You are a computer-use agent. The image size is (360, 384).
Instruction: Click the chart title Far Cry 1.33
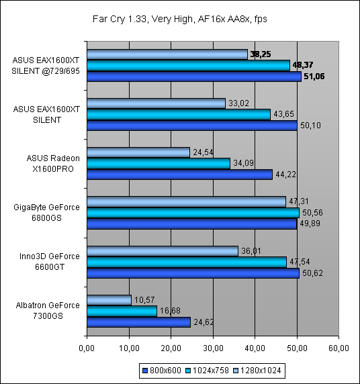pyautogui.click(x=120, y=19)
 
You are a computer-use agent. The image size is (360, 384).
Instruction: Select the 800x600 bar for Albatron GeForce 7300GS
pyautogui.click(x=139, y=322)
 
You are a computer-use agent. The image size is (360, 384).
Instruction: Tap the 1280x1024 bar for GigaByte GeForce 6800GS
pyautogui.click(x=187, y=201)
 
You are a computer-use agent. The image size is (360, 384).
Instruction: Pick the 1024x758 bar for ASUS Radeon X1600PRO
pyautogui.click(x=159, y=163)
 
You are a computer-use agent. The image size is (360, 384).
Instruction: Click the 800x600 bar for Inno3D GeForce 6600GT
pyautogui.click(x=193, y=273)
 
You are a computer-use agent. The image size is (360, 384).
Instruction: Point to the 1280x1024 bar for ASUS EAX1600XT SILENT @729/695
pyautogui.click(x=167, y=54)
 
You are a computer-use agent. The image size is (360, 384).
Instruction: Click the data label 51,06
pyautogui.click(x=314, y=77)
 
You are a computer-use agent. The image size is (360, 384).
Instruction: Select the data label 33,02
pyautogui.click(x=238, y=103)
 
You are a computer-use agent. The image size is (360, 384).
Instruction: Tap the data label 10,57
pyautogui.click(x=144, y=300)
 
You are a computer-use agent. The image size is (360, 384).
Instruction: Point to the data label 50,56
pyautogui.click(x=312, y=213)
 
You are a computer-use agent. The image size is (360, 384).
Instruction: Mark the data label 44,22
pyautogui.click(x=285, y=175)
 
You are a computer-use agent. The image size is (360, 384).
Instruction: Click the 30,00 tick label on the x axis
pyautogui.click(x=213, y=348)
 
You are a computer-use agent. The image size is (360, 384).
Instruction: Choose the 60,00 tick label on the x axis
pyautogui.click(x=339, y=348)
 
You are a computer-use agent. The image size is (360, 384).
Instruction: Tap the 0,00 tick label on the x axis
pyautogui.click(x=87, y=348)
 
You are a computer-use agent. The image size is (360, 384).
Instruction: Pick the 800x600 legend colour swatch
pyautogui.click(x=145, y=371)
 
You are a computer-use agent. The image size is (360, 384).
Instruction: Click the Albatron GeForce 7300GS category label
pyautogui.click(x=48, y=311)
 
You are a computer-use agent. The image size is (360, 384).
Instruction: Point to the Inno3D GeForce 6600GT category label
pyautogui.click(x=50, y=262)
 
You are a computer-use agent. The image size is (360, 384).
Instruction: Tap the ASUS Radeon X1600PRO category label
pyautogui.click(x=53, y=164)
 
